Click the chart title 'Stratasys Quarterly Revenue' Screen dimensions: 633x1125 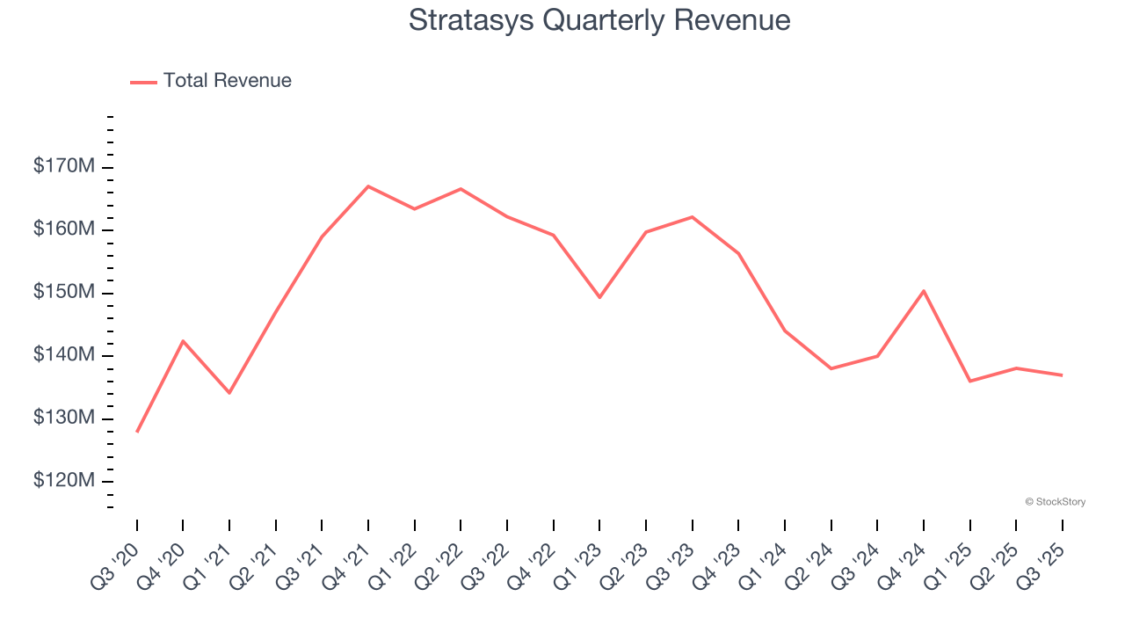coord(599,20)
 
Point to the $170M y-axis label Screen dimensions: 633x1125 coord(63,165)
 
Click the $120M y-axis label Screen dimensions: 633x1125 coord(63,481)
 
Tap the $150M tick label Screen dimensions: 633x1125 coord(63,292)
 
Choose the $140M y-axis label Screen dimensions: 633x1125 coord(63,355)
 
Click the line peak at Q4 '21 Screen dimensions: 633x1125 coord(368,186)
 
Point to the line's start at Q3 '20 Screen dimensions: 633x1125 coord(137,432)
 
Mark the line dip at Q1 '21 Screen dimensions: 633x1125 coord(229,392)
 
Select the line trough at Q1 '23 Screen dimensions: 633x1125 coord(599,297)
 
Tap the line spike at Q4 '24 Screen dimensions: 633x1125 coord(924,290)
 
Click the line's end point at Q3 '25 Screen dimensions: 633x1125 coord(1062,375)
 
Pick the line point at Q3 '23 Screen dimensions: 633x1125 coord(693,216)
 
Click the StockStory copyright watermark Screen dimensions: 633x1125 coord(1055,502)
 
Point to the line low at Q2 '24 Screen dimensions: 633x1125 coord(831,368)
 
